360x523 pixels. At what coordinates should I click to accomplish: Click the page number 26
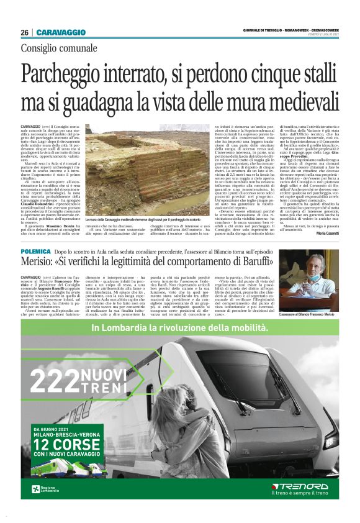pos(25,32)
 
